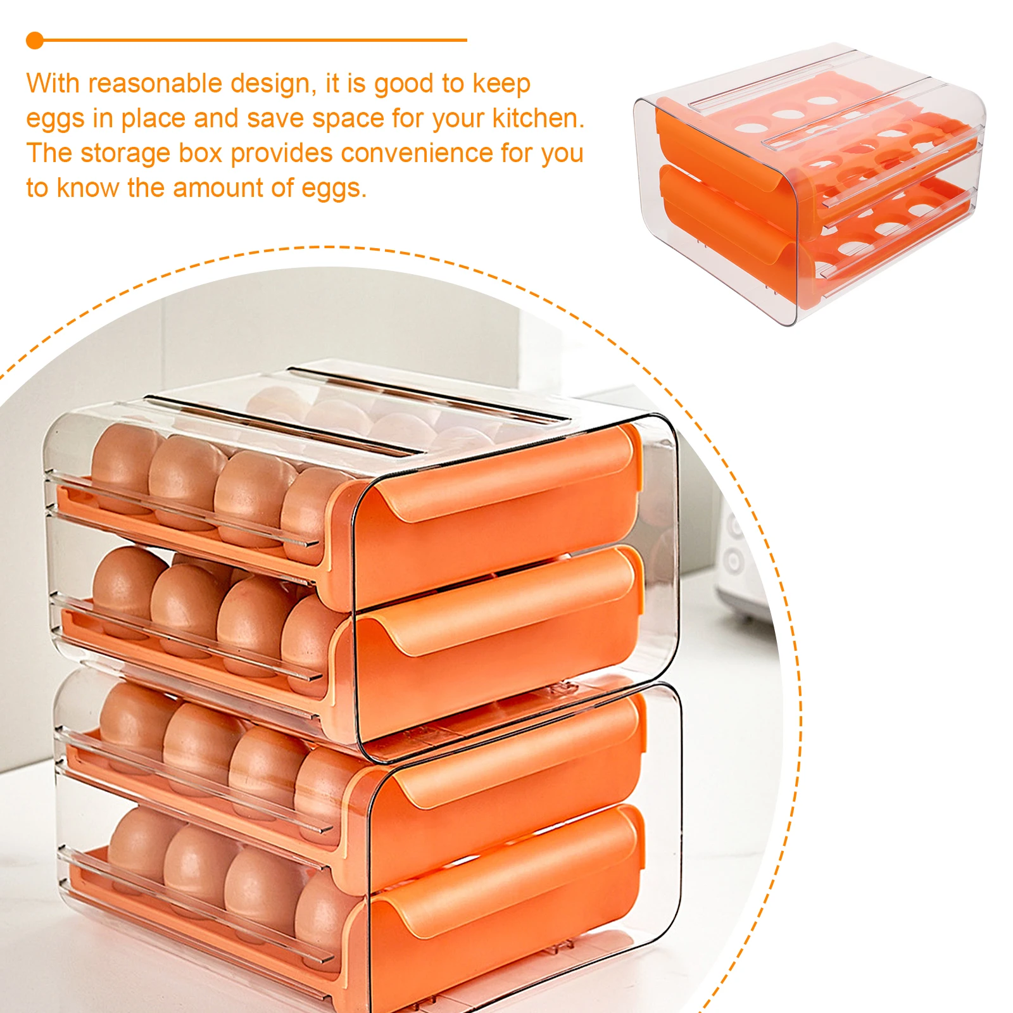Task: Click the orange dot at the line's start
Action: [35, 41]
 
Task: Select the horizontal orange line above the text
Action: [253, 41]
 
